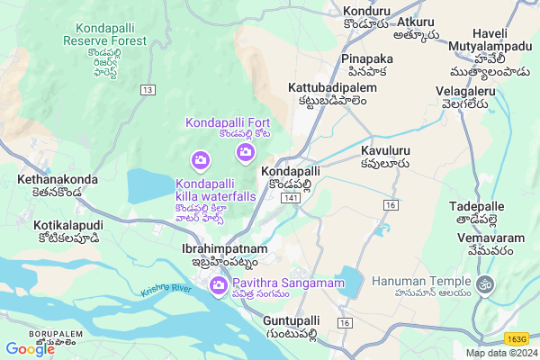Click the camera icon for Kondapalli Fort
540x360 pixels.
point(245,154)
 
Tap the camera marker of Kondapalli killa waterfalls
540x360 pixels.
point(200,161)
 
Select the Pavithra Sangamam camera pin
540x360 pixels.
point(218,286)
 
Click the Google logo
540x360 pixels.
point(30,348)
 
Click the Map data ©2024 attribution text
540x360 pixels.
point(499,353)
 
